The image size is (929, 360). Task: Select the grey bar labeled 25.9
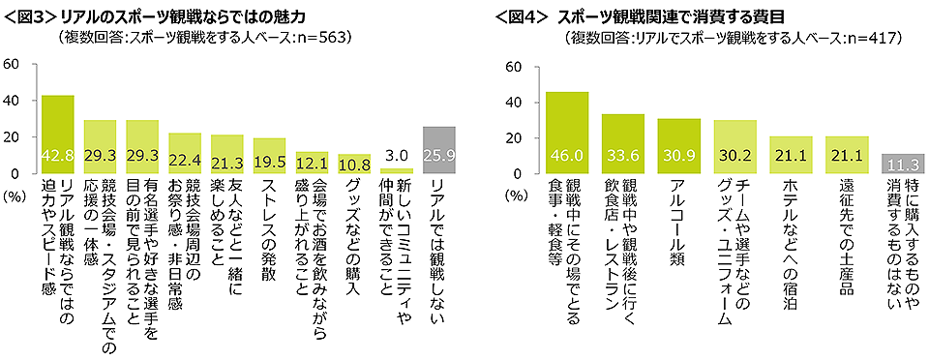click(439, 150)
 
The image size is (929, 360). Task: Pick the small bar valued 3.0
click(397, 170)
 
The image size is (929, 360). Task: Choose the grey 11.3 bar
click(902, 164)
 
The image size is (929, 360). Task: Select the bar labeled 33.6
click(622, 143)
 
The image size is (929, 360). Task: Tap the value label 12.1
click(312, 162)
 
